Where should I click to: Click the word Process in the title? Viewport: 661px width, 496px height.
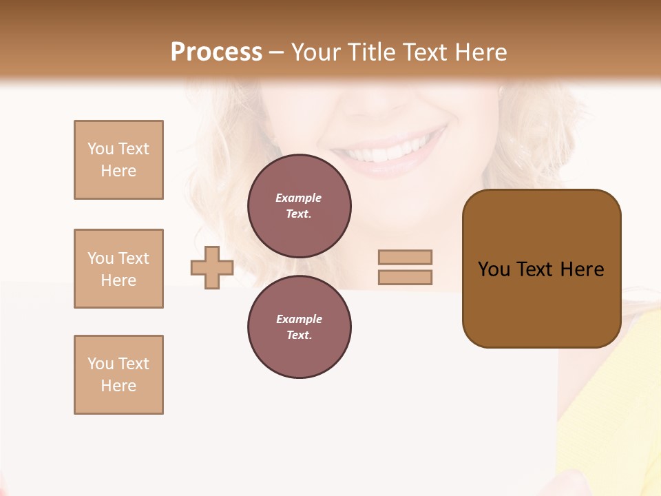[x=216, y=52]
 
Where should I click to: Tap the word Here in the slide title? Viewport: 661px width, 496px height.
[x=480, y=52]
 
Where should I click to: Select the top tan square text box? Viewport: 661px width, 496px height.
[x=118, y=160]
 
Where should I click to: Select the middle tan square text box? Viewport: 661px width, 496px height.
[x=118, y=269]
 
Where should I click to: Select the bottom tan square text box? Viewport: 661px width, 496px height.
[x=118, y=375]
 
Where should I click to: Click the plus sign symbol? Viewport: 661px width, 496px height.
[x=212, y=268]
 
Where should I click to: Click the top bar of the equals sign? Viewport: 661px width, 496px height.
[x=405, y=257]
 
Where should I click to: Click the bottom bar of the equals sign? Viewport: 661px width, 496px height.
[x=405, y=278]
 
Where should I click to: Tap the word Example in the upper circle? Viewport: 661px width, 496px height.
[x=299, y=198]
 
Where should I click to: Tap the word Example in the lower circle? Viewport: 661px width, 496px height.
[x=299, y=319]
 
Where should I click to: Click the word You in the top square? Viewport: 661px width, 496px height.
[x=100, y=149]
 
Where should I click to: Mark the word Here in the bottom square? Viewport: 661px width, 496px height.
[x=118, y=386]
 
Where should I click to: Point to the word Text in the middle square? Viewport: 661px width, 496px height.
[x=133, y=258]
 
